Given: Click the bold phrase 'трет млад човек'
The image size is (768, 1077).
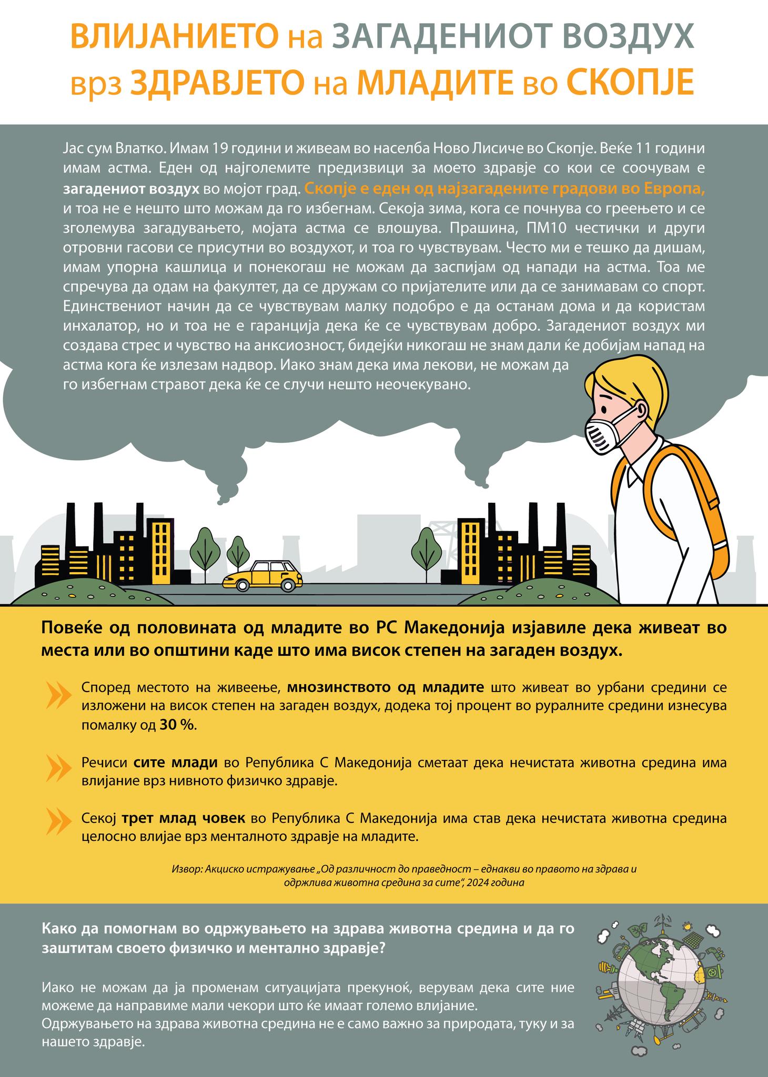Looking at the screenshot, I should coord(184,818).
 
